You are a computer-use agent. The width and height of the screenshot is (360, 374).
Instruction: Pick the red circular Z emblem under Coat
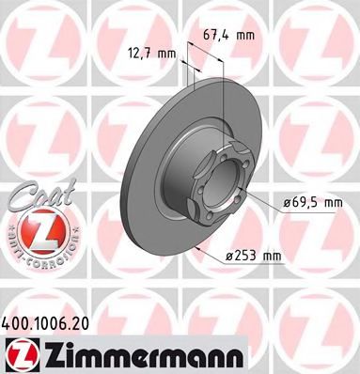tap(35, 228)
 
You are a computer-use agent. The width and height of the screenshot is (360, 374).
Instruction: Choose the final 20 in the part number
tap(86, 321)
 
